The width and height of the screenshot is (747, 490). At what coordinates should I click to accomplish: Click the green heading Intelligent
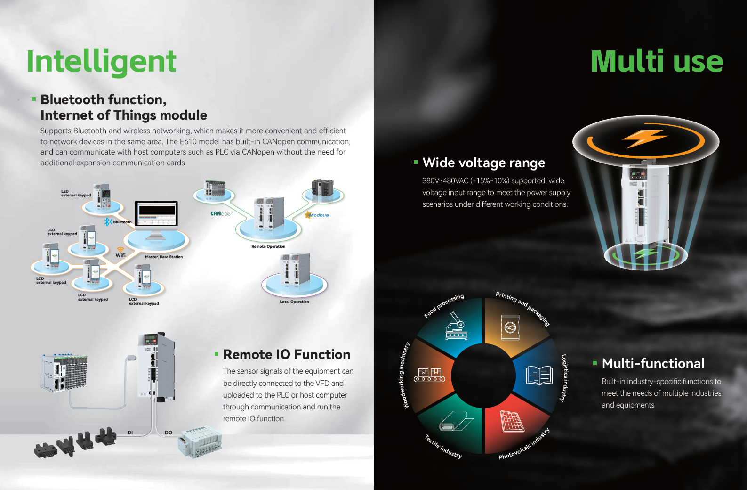click(101, 61)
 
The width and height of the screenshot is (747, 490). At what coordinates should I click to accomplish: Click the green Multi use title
click(657, 61)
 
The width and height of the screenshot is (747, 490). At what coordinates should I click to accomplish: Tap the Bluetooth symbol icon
click(107, 222)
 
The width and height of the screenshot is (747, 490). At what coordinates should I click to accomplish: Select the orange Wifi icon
click(120, 249)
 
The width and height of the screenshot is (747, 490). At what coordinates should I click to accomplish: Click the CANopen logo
click(222, 213)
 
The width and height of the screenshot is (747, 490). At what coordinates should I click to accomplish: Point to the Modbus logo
click(317, 215)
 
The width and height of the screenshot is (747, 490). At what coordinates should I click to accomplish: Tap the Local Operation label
click(295, 302)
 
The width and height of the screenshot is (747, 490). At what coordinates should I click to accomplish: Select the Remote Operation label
click(268, 247)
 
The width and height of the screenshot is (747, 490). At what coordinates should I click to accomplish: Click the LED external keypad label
click(76, 193)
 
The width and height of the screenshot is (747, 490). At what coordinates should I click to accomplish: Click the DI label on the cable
click(130, 433)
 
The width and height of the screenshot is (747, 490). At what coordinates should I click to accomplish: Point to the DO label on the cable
click(169, 433)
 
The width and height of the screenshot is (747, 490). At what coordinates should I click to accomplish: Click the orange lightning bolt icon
click(646, 138)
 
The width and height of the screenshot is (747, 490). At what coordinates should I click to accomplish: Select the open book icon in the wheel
click(539, 375)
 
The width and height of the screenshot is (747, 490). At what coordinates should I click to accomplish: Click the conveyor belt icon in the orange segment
click(430, 375)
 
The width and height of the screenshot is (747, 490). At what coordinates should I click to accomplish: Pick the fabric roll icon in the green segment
click(456, 421)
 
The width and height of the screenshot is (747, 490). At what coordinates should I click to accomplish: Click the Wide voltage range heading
click(483, 163)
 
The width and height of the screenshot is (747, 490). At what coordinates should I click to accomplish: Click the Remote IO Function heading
click(287, 354)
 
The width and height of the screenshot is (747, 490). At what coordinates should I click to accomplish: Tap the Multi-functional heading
click(653, 363)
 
